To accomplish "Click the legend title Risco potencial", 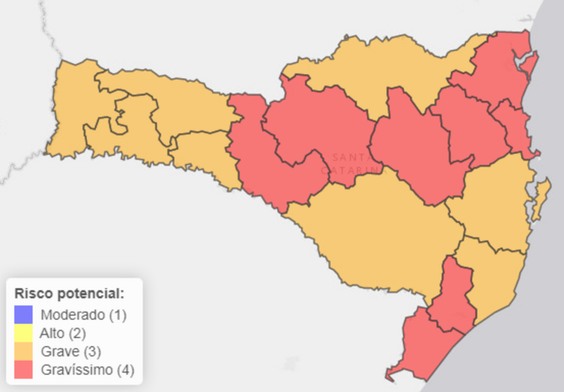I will coord(69,293).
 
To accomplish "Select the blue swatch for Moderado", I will coord(24,315).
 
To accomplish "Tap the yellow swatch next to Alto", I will coord(24,333).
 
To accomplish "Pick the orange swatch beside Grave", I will coord(24,351).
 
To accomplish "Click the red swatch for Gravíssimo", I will coord(24,369).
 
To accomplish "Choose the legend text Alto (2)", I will coord(63,333).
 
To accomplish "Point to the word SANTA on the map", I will coord(351,157).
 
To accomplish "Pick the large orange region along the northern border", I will coord(380,66).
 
